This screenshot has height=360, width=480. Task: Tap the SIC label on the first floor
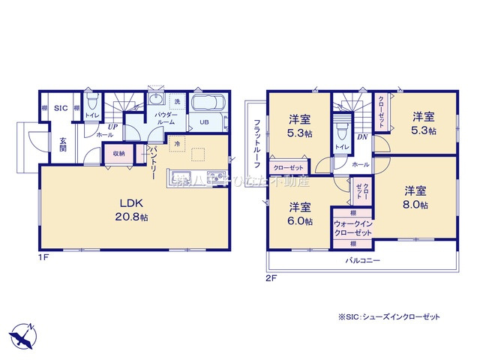[61, 109]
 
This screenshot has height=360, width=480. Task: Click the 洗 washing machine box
[177, 102]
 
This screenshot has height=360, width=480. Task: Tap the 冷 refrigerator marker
[178, 142]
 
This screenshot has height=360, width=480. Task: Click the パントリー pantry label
[152, 161]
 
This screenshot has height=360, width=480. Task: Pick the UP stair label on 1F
[111, 127]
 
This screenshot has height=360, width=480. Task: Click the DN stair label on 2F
[362, 137]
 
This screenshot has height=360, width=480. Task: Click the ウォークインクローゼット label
[352, 229]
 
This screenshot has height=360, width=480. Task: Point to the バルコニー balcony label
[363, 260]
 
